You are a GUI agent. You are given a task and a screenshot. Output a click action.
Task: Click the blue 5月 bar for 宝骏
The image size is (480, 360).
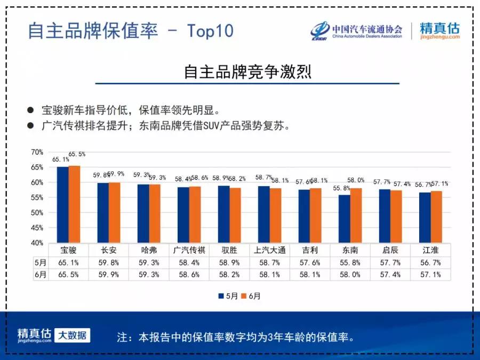[62, 205]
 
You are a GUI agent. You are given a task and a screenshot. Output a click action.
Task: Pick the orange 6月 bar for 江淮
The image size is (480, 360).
[436, 217]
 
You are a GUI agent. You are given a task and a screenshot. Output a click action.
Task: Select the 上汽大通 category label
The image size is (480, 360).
[270, 250]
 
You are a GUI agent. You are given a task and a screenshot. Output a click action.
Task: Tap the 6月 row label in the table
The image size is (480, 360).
[41, 275]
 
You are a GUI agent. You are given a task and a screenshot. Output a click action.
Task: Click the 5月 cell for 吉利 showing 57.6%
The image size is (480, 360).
[310, 262]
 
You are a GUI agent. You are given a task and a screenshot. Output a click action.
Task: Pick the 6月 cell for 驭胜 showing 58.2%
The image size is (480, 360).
[229, 275]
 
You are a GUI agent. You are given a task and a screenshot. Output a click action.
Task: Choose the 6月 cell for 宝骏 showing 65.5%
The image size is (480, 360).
[68, 275]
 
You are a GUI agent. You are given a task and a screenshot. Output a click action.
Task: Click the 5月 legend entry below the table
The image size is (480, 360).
[228, 296]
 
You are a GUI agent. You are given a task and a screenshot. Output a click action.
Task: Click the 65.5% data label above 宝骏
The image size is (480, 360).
[77, 154]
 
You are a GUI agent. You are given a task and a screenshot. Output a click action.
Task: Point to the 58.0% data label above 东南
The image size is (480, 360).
[356, 180]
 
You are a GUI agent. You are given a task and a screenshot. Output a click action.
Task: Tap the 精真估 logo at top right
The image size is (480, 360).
[439, 31]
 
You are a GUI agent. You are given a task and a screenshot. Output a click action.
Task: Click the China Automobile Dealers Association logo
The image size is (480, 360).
[357, 31]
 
